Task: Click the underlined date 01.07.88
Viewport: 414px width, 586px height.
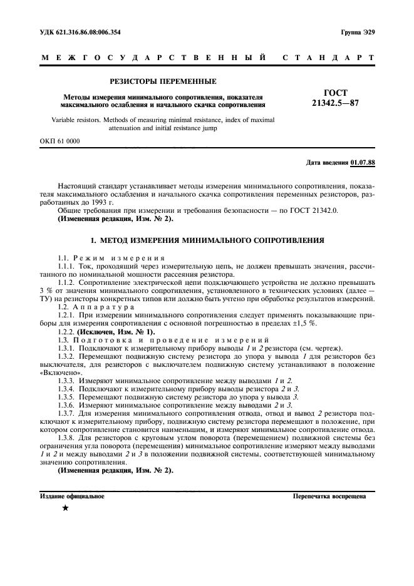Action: [x=363, y=163]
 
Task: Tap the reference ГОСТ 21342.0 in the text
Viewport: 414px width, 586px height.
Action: [x=309, y=212]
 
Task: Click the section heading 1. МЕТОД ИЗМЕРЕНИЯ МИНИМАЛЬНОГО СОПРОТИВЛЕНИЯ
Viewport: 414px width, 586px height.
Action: [x=207, y=240]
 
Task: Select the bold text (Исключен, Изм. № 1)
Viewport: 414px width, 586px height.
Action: [x=116, y=332]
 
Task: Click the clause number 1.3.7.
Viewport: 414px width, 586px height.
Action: [x=66, y=414]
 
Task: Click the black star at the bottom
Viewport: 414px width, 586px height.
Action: [x=65, y=508]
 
